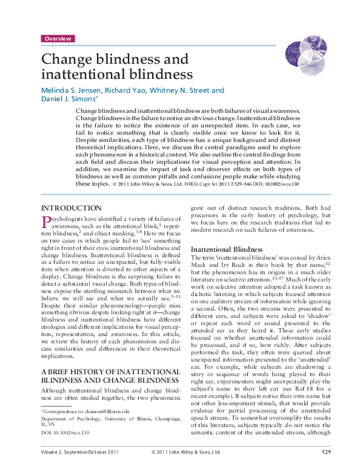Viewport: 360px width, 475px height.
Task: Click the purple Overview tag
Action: click(58, 39)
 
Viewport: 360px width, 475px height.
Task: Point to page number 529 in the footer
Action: click(326, 469)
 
